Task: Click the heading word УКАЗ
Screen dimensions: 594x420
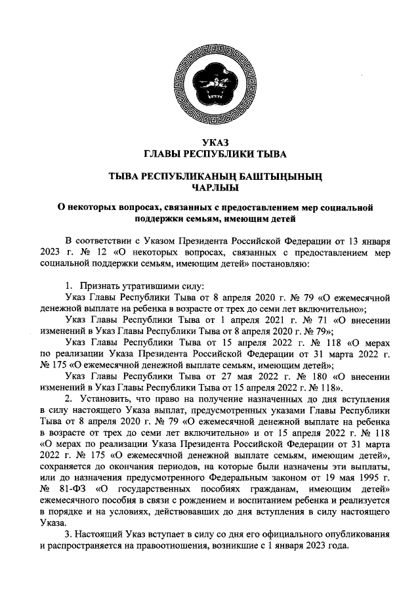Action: (x=210, y=144)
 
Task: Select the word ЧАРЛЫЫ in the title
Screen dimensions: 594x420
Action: (x=211, y=186)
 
